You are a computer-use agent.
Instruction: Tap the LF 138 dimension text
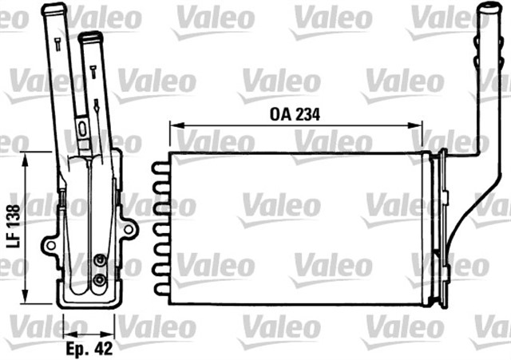click(13, 227)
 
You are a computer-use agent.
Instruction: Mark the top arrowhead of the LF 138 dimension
click(26, 159)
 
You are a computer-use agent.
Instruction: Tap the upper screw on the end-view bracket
click(99, 260)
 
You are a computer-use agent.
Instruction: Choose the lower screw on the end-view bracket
click(99, 280)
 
